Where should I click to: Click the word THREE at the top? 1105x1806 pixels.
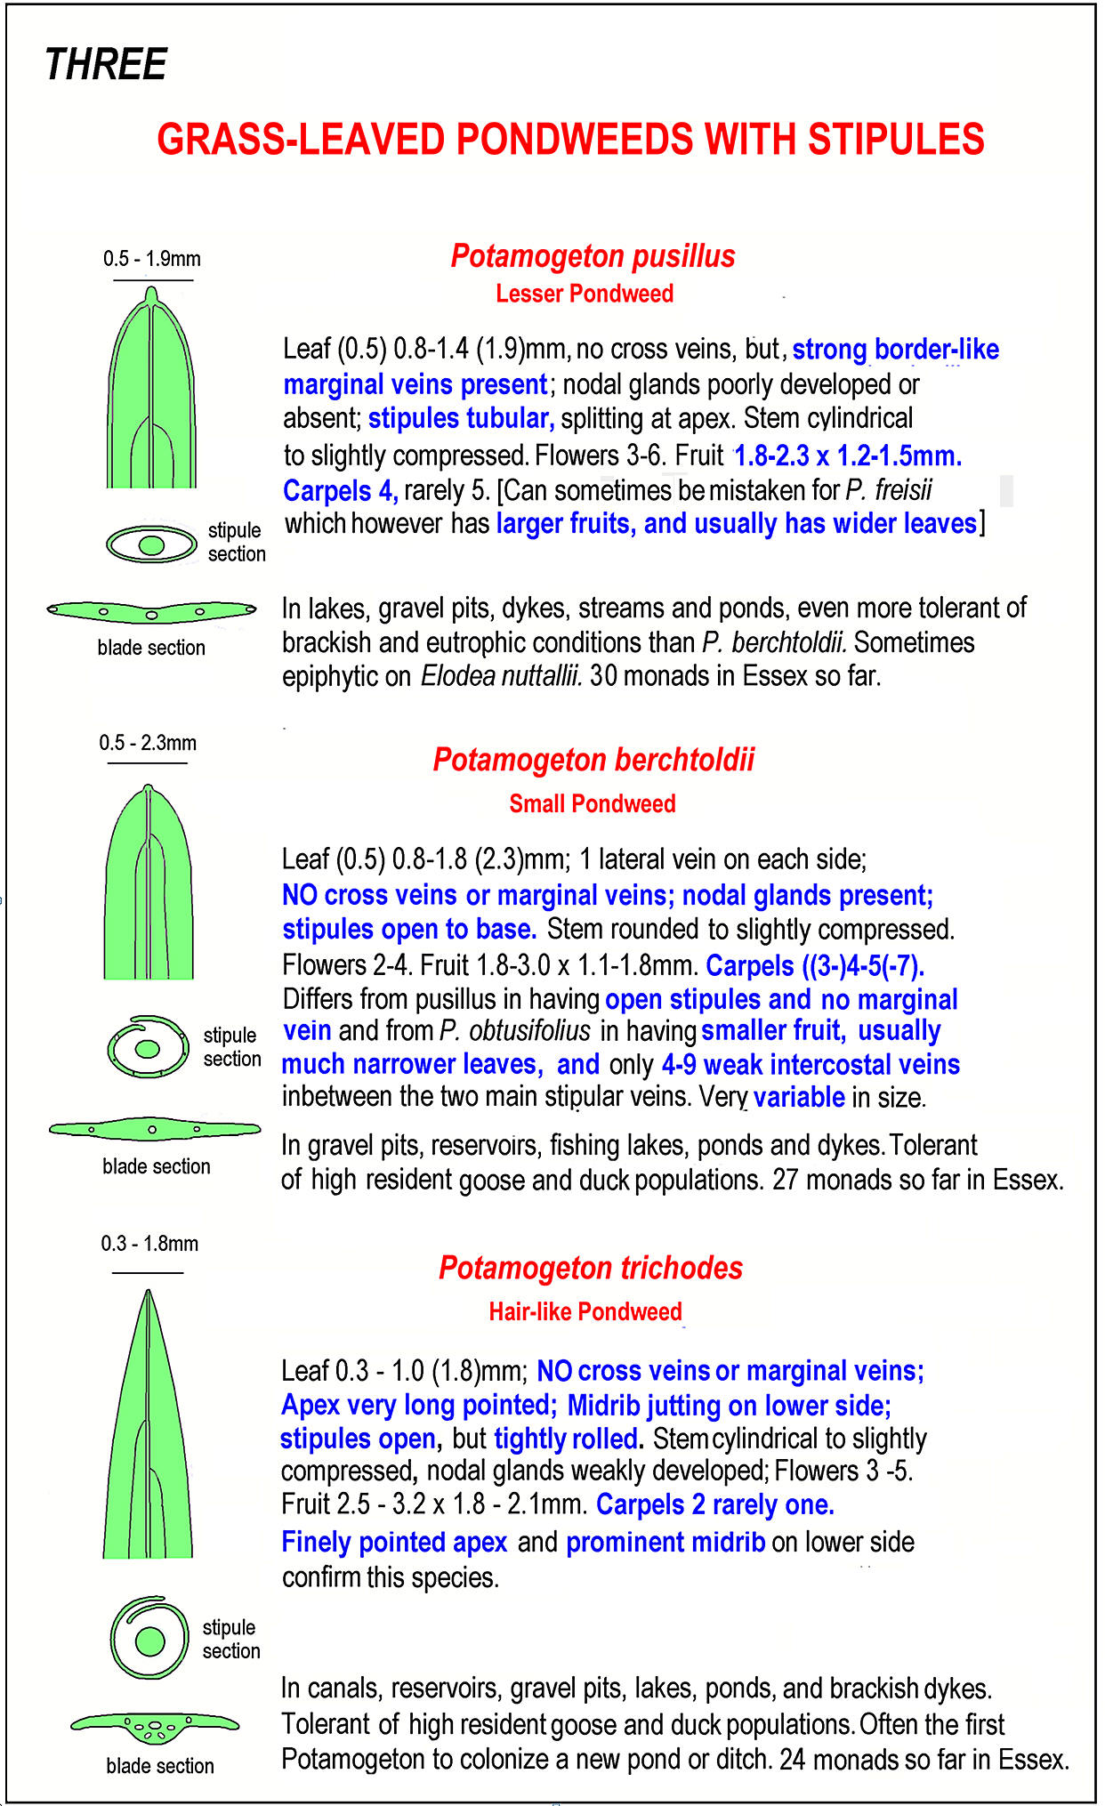(106, 65)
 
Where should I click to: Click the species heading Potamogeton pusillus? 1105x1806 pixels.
(593, 256)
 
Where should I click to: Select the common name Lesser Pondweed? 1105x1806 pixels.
(585, 294)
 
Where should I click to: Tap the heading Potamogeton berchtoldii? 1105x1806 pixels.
(593, 761)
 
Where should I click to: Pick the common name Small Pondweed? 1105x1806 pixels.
(592, 804)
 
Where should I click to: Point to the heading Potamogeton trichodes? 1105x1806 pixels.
(590, 1268)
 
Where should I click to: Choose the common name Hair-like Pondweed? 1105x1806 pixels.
(585, 1311)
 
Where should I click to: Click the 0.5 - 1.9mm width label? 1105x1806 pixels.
(152, 259)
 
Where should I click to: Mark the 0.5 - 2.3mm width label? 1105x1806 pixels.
(148, 743)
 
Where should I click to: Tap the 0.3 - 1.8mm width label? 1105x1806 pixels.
(149, 1244)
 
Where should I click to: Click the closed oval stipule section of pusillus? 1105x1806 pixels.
(151, 544)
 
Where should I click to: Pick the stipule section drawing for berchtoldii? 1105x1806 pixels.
(148, 1046)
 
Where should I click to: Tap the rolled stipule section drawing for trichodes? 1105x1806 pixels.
(149, 1638)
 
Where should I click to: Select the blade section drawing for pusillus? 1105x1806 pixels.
(151, 611)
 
